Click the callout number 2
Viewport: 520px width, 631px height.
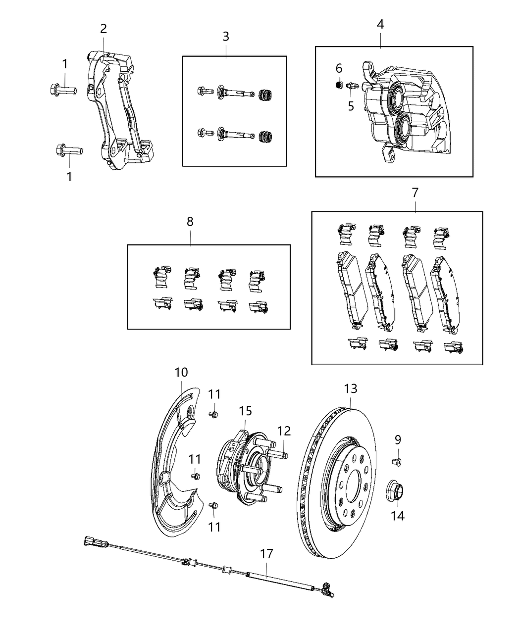pyautogui.click(x=104, y=29)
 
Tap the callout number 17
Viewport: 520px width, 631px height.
pyautogui.click(x=266, y=553)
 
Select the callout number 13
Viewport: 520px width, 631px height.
pyautogui.click(x=350, y=389)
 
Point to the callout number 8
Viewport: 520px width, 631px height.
pyautogui.click(x=190, y=222)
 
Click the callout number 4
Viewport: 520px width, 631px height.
pyautogui.click(x=380, y=24)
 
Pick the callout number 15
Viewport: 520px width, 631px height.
pyautogui.click(x=246, y=411)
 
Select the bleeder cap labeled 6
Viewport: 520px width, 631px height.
pyautogui.click(x=339, y=85)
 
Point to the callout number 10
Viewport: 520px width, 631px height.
pyautogui.click(x=181, y=372)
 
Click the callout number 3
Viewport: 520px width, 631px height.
pyautogui.click(x=225, y=36)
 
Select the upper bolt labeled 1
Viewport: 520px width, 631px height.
pyautogui.click(x=63, y=90)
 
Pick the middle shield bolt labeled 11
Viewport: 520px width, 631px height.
pyautogui.click(x=196, y=476)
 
